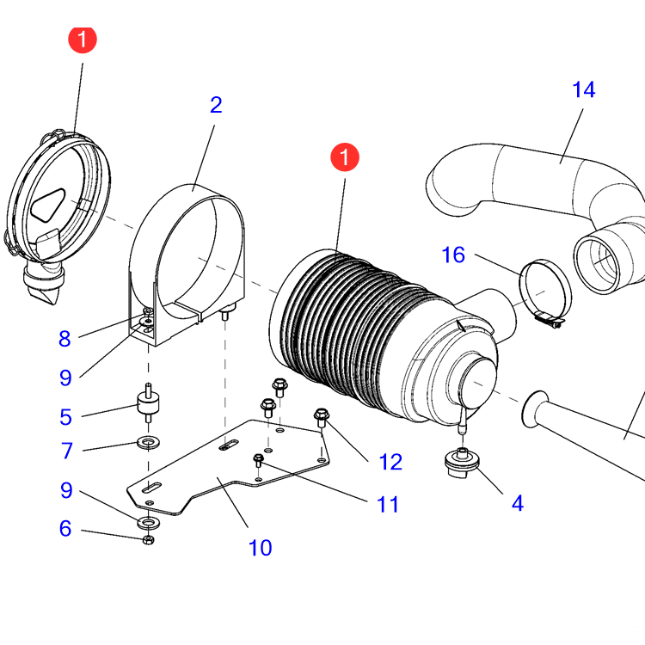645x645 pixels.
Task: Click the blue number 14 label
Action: pos(583,89)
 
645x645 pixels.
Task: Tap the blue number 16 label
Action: pos(453,255)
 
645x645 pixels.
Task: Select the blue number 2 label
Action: pos(216,105)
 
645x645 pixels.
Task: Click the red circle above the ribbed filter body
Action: pos(345,158)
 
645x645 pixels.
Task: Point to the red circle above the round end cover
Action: pos(83,40)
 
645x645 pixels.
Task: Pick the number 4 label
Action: pos(517,503)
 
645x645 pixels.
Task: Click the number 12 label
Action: pos(390,462)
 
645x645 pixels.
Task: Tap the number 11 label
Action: pos(388,504)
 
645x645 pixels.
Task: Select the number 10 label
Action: pos(260,547)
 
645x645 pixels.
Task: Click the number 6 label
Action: pos(65,529)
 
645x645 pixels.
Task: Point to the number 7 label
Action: pos(65,450)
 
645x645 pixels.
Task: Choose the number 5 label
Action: pos(65,417)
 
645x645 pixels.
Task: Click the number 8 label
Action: pos(65,339)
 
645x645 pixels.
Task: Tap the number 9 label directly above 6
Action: pos(65,491)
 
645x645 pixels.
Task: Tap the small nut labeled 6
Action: pos(147,539)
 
